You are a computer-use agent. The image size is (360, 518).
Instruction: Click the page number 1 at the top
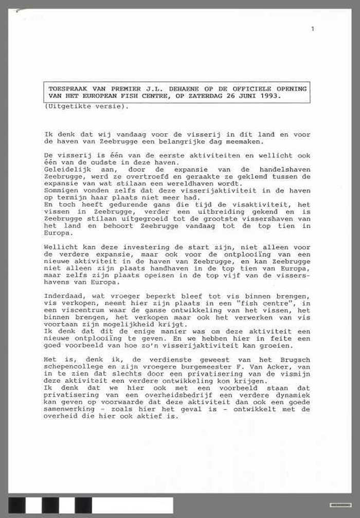312,29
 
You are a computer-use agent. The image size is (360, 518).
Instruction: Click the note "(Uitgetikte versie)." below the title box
86,106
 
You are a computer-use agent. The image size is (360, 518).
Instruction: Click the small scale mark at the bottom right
340,505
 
